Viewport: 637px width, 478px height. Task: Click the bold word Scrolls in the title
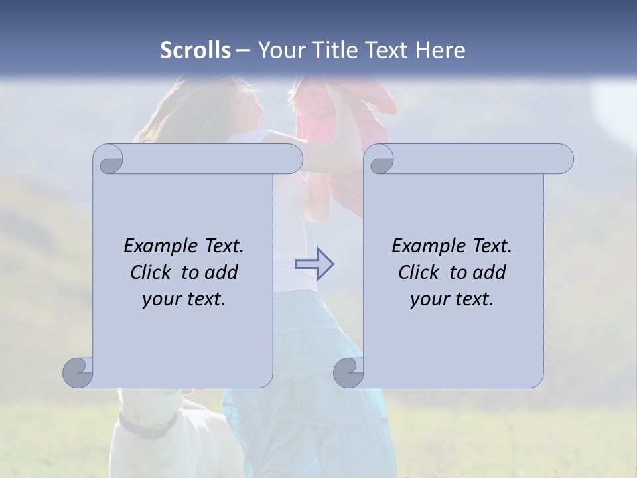(195, 50)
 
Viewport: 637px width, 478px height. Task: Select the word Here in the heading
(440, 50)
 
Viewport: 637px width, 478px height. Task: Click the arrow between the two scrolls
(314, 264)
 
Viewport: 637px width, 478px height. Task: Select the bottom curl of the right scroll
(349, 372)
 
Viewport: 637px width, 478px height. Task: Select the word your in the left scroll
(161, 299)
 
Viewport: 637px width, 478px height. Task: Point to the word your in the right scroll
(429, 299)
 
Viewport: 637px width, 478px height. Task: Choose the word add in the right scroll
(490, 272)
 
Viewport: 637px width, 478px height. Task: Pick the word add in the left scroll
(222, 272)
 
